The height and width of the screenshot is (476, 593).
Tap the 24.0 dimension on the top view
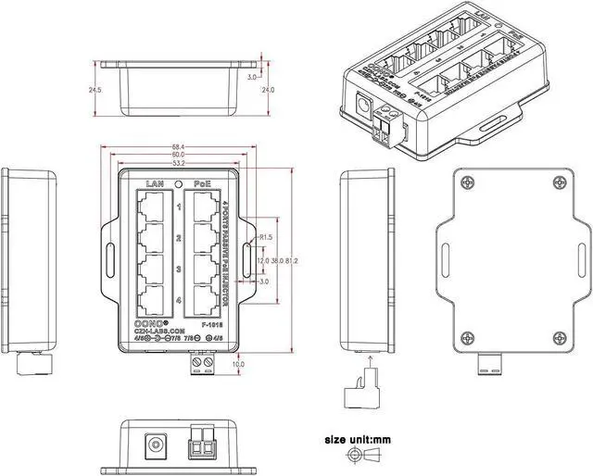[268, 90]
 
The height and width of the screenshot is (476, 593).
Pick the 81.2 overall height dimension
[291, 261]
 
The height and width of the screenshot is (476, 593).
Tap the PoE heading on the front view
[202, 183]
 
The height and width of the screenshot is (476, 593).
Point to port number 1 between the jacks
[178, 207]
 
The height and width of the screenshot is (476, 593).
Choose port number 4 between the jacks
[178, 300]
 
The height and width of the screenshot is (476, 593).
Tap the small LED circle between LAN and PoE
[179, 183]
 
